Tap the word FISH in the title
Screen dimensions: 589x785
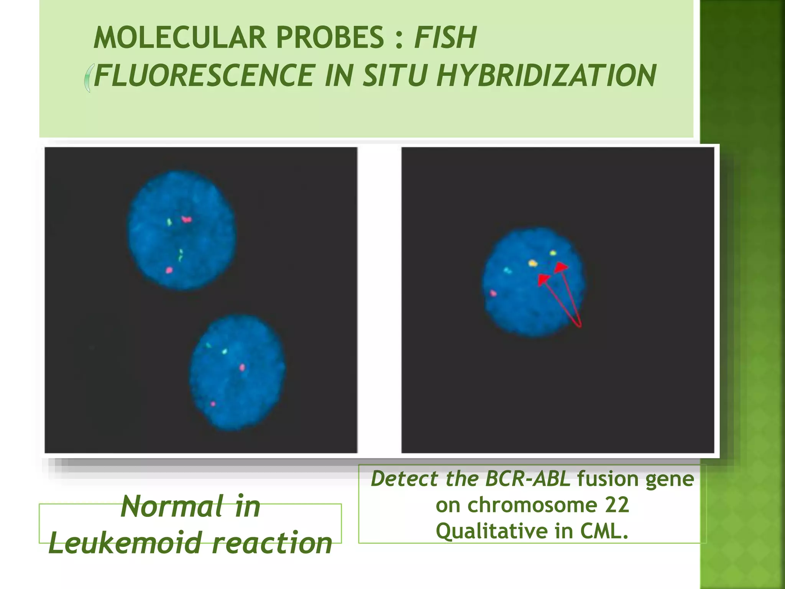(x=445, y=38)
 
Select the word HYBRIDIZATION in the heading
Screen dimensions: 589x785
(x=547, y=76)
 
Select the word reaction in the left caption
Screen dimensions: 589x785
(x=272, y=543)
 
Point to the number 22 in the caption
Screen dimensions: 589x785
(x=617, y=505)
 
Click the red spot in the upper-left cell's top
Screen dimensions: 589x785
(x=187, y=219)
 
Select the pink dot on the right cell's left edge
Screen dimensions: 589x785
(x=493, y=293)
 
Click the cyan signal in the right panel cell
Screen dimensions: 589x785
(x=507, y=271)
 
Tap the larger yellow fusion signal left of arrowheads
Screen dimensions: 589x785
(x=532, y=263)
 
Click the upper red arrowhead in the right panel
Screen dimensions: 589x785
(x=562, y=267)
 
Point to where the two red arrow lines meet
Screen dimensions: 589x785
(x=580, y=326)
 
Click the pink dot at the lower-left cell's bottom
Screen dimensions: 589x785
(x=213, y=404)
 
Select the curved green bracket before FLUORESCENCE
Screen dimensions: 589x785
(x=88, y=78)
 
